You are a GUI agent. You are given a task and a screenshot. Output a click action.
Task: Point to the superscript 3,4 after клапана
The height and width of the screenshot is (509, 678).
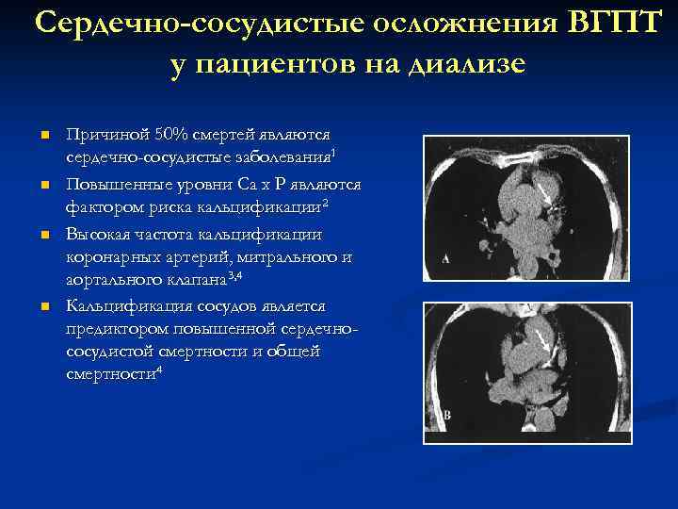coord(235,273)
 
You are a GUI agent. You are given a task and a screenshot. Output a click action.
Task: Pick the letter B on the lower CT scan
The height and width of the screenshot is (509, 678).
coord(446,415)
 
